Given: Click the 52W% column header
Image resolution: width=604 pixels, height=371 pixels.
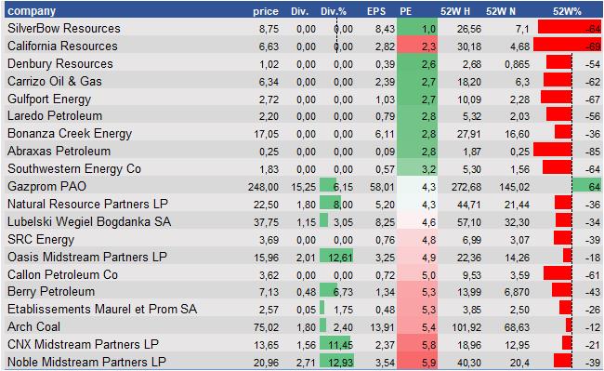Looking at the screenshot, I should point(567,10).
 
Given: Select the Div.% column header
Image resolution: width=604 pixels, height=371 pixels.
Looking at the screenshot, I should point(335,10).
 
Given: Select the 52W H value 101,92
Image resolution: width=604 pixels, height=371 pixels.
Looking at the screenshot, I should point(454,326).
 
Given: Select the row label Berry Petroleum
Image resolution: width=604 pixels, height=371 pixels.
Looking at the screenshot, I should point(50,291).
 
